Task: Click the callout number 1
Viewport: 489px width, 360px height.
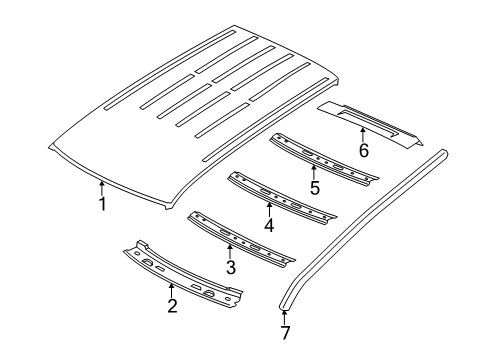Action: tap(101, 205)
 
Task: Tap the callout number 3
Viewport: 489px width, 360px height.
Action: tap(230, 268)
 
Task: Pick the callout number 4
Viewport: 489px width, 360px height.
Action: tap(269, 225)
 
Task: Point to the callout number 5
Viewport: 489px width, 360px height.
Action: tap(314, 187)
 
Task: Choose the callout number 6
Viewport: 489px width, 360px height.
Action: tap(363, 151)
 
